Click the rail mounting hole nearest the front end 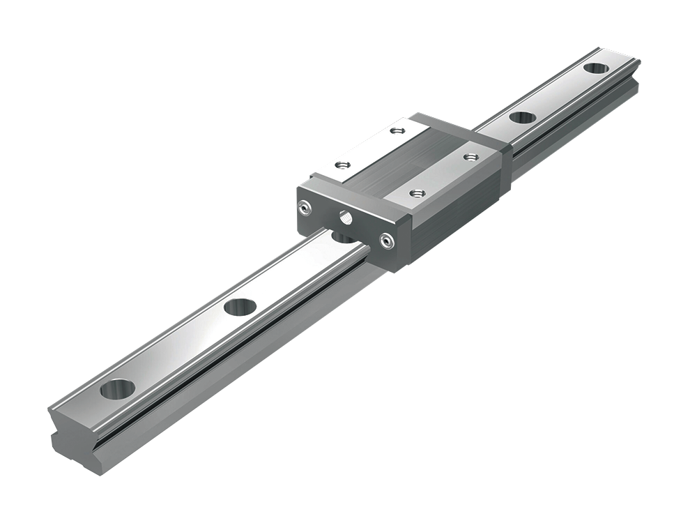coord(117,388)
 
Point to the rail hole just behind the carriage coord(522,117)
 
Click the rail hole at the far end coord(595,68)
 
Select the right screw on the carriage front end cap coord(385,241)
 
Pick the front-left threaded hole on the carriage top coord(341,165)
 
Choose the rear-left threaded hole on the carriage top coord(397,130)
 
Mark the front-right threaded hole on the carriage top coord(417,193)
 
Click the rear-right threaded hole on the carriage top coord(471,156)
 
